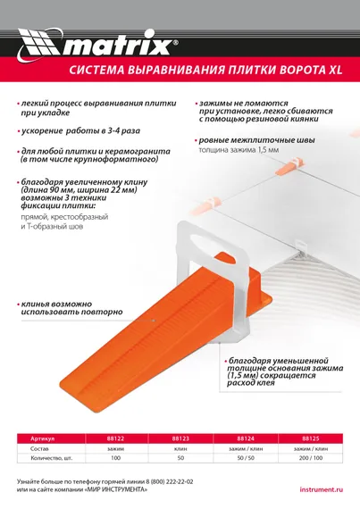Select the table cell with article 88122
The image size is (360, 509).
[x=116, y=438]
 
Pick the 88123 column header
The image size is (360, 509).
[x=180, y=438]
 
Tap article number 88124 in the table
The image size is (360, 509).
[x=246, y=438]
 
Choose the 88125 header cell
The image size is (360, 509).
[x=310, y=438]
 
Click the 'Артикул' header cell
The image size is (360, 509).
[x=49, y=438]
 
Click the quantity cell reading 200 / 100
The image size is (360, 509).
[x=310, y=457]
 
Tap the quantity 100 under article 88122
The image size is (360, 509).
[x=116, y=457]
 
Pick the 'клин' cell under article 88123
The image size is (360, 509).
[x=180, y=447]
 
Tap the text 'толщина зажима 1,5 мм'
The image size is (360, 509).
[x=239, y=151]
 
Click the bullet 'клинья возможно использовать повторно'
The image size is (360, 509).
[x=67, y=309]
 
